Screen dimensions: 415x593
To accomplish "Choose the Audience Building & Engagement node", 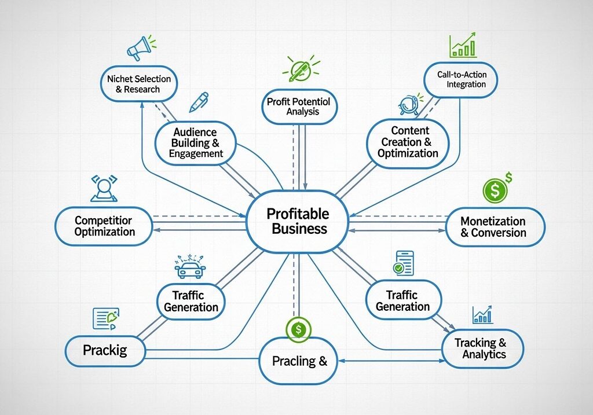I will point(196,143).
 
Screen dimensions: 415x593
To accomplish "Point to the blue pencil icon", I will point(198,102).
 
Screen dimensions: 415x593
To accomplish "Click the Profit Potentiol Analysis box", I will point(299,106).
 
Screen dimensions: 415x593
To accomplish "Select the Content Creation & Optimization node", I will point(408,142).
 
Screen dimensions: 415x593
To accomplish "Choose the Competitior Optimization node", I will point(104,226).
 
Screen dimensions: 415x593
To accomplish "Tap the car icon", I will point(191,268).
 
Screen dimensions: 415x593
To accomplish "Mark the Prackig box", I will point(105,350).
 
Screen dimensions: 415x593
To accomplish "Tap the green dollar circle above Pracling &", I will point(298,329).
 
